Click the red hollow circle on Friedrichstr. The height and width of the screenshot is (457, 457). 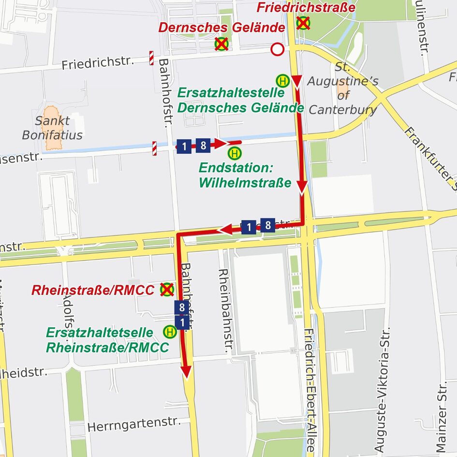(277, 49)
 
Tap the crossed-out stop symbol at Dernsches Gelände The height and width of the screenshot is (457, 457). (221, 44)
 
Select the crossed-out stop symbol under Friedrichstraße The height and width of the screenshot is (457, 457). (303, 23)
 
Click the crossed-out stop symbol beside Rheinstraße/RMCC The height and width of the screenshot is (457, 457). (167, 289)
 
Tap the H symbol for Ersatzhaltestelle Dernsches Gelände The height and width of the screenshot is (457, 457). (282, 80)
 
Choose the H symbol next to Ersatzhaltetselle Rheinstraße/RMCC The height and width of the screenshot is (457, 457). (170, 331)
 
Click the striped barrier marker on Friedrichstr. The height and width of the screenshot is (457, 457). (151, 58)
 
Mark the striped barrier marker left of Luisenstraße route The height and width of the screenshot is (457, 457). (154, 148)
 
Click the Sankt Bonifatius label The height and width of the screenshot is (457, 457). (52, 128)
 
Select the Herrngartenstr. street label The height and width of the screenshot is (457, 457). (134, 424)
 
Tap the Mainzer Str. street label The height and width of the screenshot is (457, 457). (441, 416)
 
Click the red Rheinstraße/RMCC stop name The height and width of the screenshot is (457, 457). (93, 290)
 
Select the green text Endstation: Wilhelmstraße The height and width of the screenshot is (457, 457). (245, 176)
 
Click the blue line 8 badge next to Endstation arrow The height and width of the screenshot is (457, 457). (203, 145)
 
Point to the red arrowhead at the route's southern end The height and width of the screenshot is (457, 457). (186, 371)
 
